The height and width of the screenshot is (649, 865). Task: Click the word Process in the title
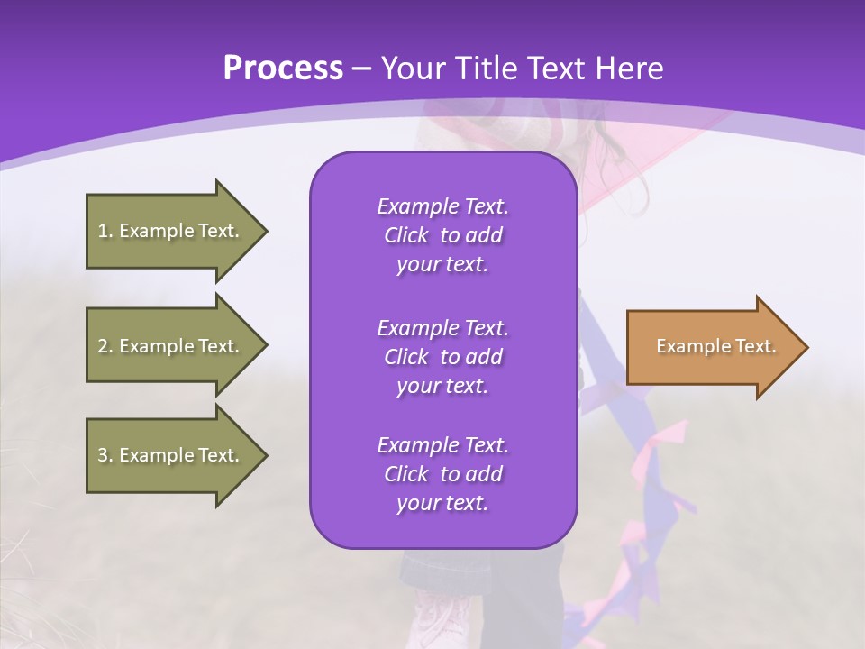point(283,69)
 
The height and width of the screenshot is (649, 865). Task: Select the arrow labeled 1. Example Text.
point(171,231)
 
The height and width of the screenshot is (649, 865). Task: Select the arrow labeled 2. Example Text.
point(171,346)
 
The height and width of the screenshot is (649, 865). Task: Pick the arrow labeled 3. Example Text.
point(171,455)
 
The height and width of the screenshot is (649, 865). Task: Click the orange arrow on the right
point(712,347)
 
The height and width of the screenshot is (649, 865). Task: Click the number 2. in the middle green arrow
point(105,346)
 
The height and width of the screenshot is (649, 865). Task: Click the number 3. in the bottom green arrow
point(105,455)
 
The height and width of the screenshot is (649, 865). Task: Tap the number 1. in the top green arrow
point(105,231)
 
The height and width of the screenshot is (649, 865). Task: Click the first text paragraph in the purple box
point(442,235)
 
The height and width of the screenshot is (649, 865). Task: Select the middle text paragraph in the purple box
point(442,357)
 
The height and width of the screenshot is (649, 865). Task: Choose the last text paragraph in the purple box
point(442,474)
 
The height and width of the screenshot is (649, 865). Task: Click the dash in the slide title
point(362,69)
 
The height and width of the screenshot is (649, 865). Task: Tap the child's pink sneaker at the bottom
point(442,617)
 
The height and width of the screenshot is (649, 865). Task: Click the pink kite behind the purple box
point(631,153)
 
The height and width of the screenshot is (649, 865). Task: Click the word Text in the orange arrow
point(755,346)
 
